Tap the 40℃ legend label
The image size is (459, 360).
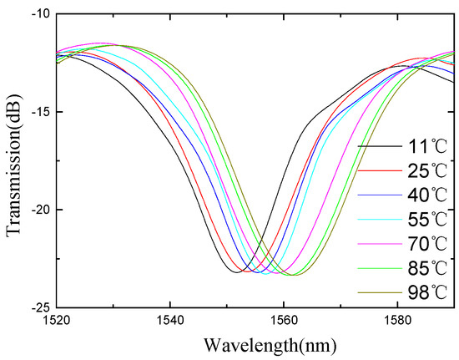click(422, 195)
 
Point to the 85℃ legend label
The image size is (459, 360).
click(422, 270)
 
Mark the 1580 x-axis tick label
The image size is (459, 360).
click(396, 321)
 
